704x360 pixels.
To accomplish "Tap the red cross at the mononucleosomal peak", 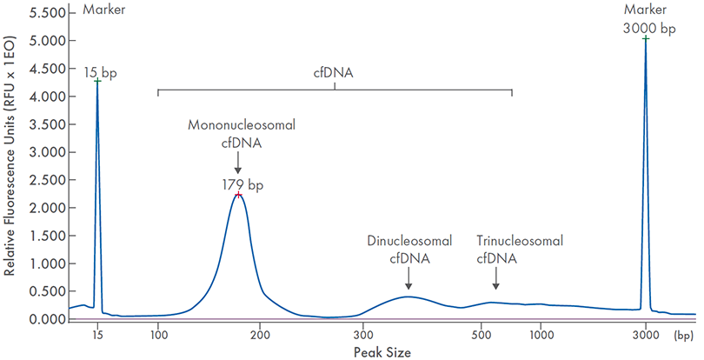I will (x=237, y=195).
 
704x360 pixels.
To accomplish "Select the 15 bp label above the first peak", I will (x=100, y=73).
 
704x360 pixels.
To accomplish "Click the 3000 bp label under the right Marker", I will (x=649, y=28).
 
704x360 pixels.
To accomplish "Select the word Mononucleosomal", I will (x=242, y=125).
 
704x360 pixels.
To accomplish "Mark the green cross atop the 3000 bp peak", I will (x=646, y=39).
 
